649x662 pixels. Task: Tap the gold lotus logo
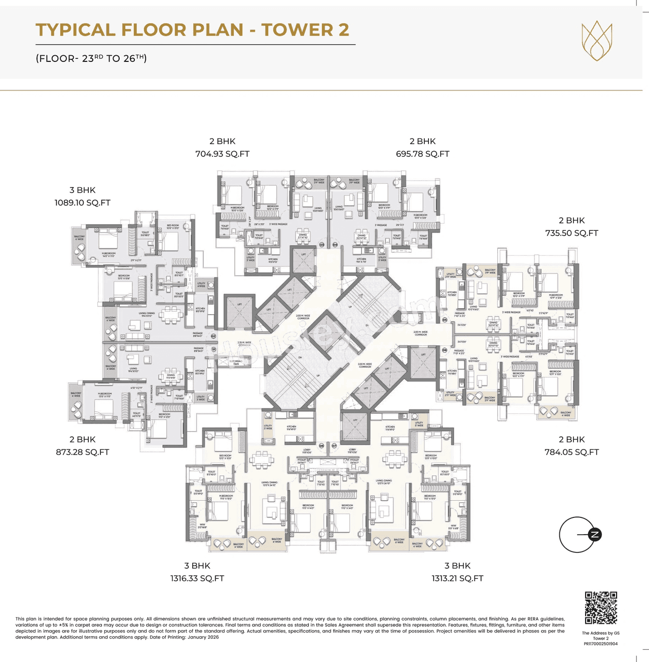[x=597, y=42]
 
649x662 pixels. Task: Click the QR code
[x=601, y=608]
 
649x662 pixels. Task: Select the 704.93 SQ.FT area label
[x=222, y=154]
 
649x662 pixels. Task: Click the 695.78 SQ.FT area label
[x=422, y=154]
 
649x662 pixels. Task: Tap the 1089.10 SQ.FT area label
[x=82, y=202]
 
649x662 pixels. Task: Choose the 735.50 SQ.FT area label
[x=571, y=233]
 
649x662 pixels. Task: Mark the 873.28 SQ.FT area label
[x=82, y=452]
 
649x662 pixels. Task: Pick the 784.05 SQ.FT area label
[x=571, y=452]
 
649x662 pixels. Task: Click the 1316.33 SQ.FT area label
[x=197, y=578]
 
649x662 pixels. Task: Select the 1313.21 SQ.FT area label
[x=457, y=578]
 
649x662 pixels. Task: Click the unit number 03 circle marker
[x=321, y=245]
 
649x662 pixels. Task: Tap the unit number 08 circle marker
[x=321, y=445]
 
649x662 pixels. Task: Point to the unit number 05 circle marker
[x=445, y=320]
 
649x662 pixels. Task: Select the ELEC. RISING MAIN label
[x=236, y=362]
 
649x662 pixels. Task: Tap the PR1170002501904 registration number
[x=600, y=644]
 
